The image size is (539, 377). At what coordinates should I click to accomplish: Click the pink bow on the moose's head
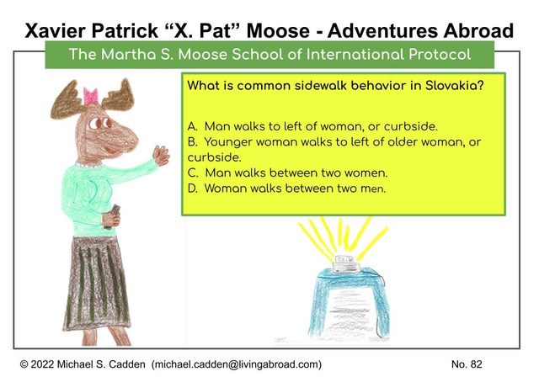tap(91, 96)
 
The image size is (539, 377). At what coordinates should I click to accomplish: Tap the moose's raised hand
tap(161, 155)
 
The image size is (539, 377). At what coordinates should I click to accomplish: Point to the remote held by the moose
tap(113, 216)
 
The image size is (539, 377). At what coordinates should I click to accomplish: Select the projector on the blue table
tap(345, 264)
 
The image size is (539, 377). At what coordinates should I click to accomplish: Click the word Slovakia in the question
tap(455, 85)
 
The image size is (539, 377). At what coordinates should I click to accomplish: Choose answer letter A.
tap(193, 126)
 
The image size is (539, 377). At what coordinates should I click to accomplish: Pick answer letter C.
tap(193, 173)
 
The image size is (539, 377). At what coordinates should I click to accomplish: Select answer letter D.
tap(193, 188)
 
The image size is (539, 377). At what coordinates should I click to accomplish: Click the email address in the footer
tap(237, 364)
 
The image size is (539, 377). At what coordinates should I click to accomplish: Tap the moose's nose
tap(130, 141)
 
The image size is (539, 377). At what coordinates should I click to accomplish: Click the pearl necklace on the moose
tap(88, 165)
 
